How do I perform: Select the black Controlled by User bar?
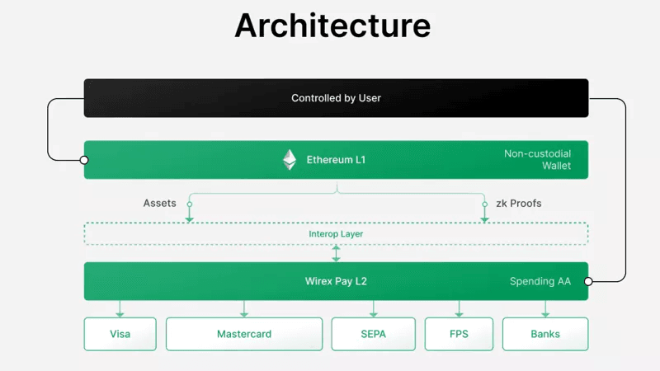pos(336,98)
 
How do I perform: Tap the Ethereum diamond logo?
pos(290,160)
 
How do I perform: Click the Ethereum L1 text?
pos(335,160)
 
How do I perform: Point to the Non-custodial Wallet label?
pos(537,160)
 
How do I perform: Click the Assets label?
pos(159,203)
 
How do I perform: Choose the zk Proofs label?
pos(518,203)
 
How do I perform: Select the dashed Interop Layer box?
pos(336,233)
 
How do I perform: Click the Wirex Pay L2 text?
pos(336,281)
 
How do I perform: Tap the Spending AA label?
pos(540,281)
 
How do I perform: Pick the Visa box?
pos(120,334)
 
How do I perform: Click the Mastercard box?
pos(243,334)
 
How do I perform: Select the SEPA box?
pos(373,334)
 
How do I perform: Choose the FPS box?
pos(459,334)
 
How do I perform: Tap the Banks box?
pos(544,334)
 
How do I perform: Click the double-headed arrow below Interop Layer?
pos(336,253)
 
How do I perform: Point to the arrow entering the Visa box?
pos(120,310)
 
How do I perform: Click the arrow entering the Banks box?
pos(544,310)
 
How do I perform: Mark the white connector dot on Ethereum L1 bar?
pos(84,160)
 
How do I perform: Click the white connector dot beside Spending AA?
pos(588,281)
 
